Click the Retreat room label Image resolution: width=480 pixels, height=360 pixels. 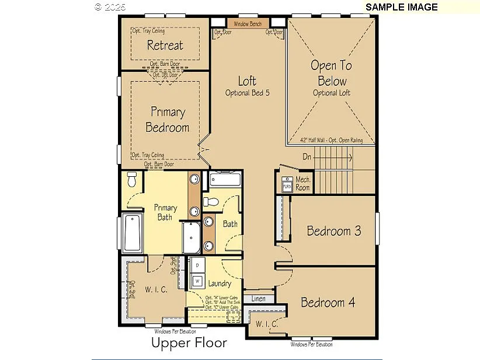tap(165, 45)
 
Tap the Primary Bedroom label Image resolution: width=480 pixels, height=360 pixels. tap(168, 119)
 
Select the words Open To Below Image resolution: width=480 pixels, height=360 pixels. tap(332, 73)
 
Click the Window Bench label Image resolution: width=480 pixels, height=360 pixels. tap(248, 24)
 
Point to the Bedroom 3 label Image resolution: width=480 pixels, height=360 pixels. tap(334, 230)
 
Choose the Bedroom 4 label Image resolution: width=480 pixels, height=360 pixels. tap(328, 302)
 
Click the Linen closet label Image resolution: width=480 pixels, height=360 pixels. tap(258, 299)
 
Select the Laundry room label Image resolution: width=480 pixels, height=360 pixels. tap(218, 284)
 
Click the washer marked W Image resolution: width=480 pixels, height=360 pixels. tap(197, 281)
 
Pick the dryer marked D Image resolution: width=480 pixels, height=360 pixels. tap(197, 265)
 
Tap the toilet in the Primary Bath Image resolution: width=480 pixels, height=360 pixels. tap(131, 181)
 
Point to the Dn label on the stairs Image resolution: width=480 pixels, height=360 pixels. tap(307, 156)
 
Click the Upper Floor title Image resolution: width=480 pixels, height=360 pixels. tap(189, 342)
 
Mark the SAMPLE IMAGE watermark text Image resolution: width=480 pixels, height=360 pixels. tap(401, 7)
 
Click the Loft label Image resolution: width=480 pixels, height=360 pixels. tap(247, 81)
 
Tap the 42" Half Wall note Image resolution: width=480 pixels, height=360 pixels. tap(331, 141)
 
